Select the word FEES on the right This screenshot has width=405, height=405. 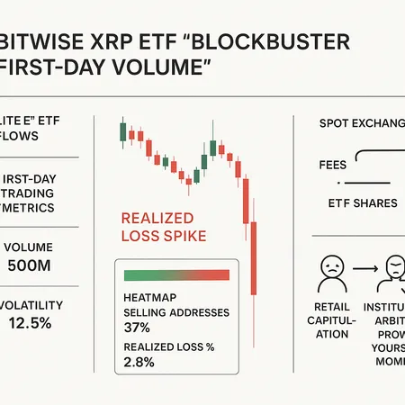click(332, 166)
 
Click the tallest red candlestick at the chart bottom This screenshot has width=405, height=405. click(255, 261)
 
